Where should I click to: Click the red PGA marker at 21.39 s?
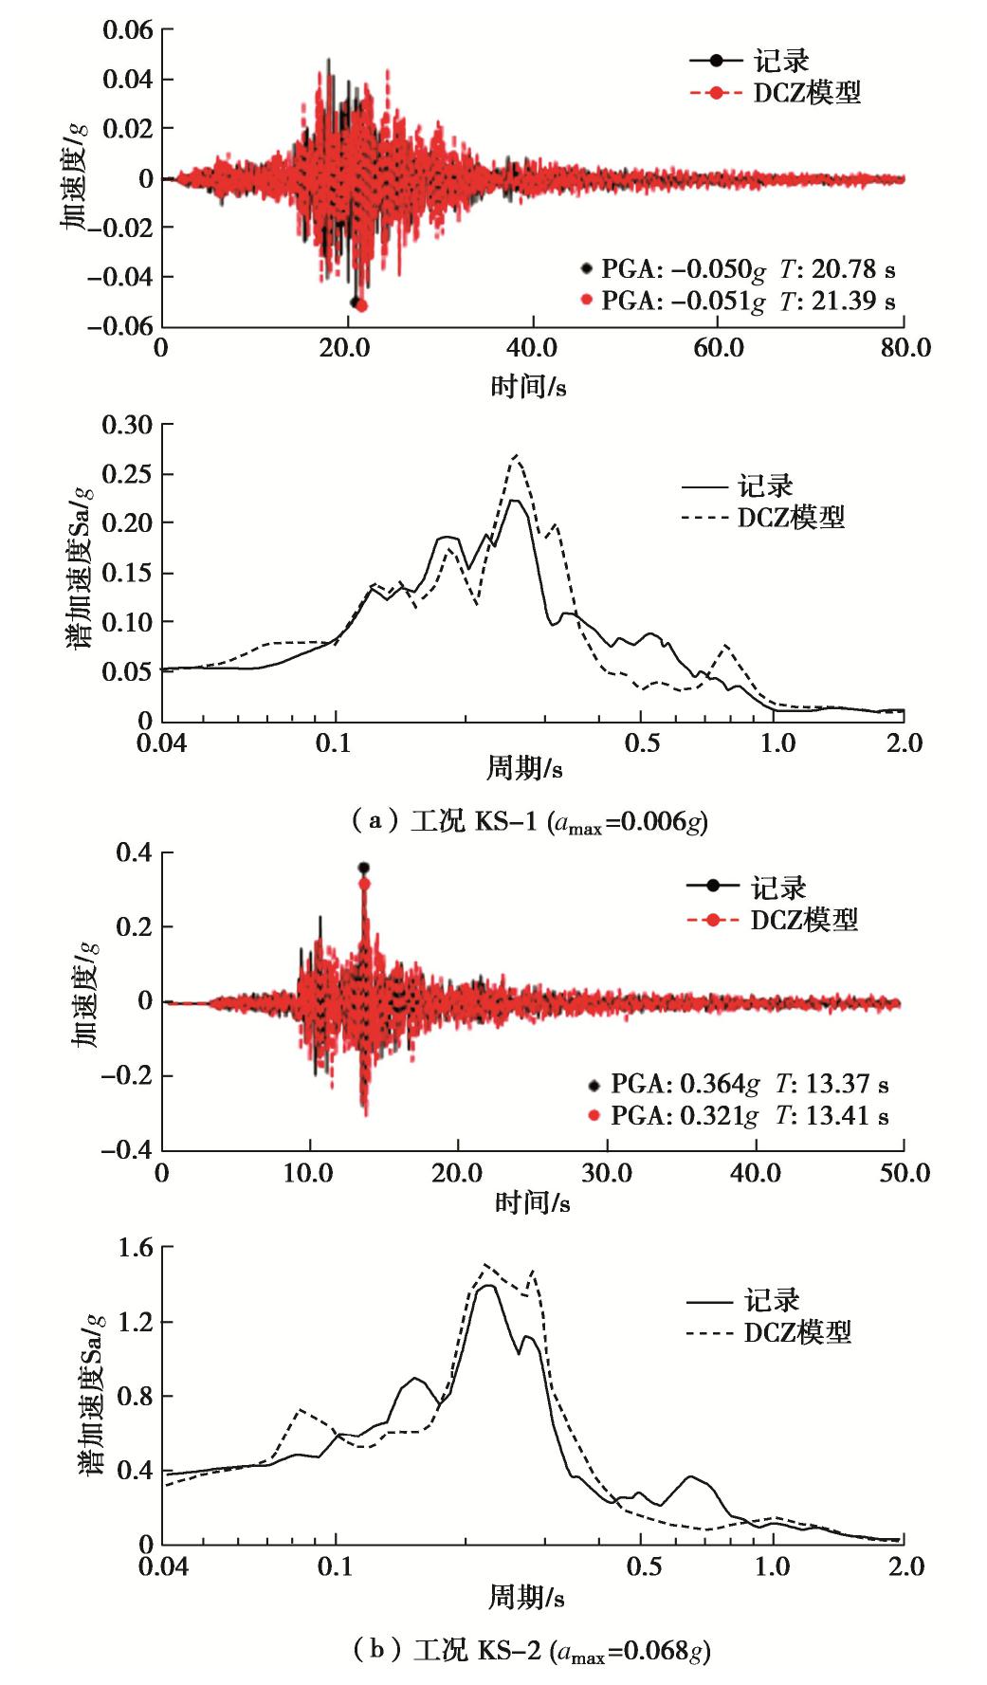point(361,305)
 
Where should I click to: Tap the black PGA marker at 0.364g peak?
point(363,868)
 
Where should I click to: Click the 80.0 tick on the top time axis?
point(903,348)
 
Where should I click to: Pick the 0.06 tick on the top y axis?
point(127,29)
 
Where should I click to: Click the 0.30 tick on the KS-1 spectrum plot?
point(127,424)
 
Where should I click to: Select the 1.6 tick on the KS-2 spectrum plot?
point(134,1248)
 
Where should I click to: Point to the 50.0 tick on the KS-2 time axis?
point(903,1173)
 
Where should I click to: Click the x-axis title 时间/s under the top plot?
point(528,387)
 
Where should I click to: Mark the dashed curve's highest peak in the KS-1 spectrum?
point(515,455)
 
